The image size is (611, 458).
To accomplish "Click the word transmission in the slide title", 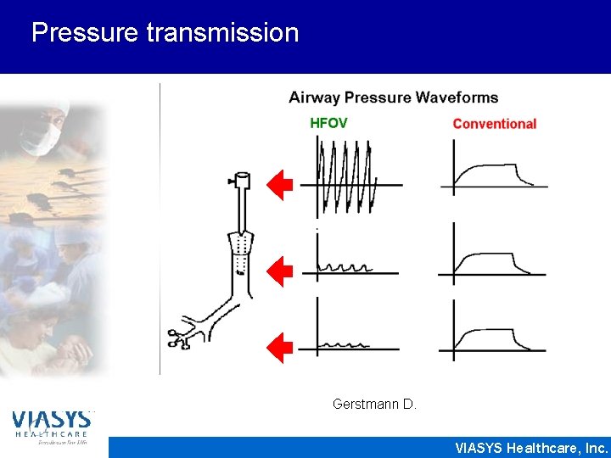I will coord(222,33).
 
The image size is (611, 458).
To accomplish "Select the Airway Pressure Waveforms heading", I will coord(393,98).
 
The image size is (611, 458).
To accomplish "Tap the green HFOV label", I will coord(328,123).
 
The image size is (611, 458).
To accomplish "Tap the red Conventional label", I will coord(494,124).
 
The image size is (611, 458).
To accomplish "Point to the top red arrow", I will coord(279,185).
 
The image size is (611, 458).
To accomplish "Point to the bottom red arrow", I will coord(279,348).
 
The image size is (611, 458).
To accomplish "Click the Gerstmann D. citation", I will coord(374,405).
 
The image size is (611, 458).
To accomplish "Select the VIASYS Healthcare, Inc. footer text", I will coord(531,448).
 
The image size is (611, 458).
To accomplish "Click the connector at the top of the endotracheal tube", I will coord(240,181).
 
